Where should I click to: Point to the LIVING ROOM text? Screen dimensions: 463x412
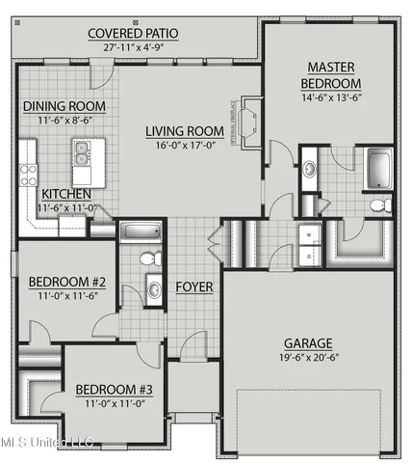tap(186, 131)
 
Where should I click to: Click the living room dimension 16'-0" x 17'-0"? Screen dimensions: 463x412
tap(186, 147)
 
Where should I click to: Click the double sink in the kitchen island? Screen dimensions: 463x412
tap(84, 151)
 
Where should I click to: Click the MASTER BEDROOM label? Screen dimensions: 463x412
tap(331, 75)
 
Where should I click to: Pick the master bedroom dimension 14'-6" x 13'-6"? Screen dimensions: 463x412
tap(331, 98)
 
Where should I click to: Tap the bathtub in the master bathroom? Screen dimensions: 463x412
tap(378, 172)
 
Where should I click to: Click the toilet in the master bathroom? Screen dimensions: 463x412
tap(378, 205)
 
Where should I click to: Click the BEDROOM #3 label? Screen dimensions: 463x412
tap(114, 390)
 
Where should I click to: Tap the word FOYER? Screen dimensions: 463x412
tap(193, 286)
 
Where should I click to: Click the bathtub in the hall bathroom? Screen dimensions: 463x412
tap(141, 231)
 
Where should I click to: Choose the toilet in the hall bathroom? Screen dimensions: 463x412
tap(150, 259)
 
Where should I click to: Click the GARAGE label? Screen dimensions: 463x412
tap(308, 342)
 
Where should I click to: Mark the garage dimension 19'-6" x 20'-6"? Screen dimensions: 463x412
tap(308, 358)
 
